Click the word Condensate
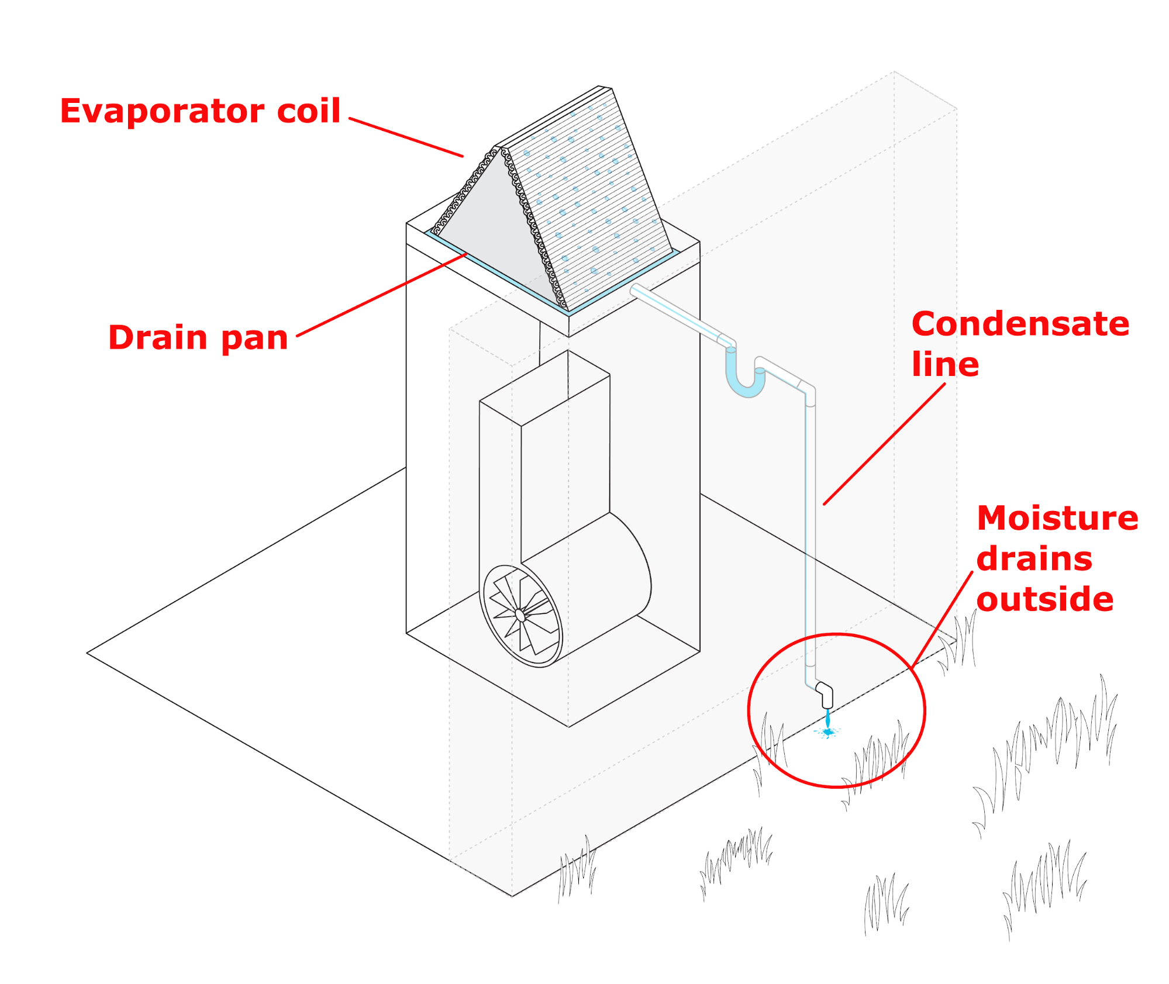coord(1020,324)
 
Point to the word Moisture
coord(1057,518)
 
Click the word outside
coord(1044,600)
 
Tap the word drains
coord(1034,559)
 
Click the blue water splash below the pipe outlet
coord(827,731)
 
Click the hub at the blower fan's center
coord(520,615)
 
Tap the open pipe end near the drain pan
coord(635,289)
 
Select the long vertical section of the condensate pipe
coord(810,526)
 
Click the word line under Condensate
coord(945,365)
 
